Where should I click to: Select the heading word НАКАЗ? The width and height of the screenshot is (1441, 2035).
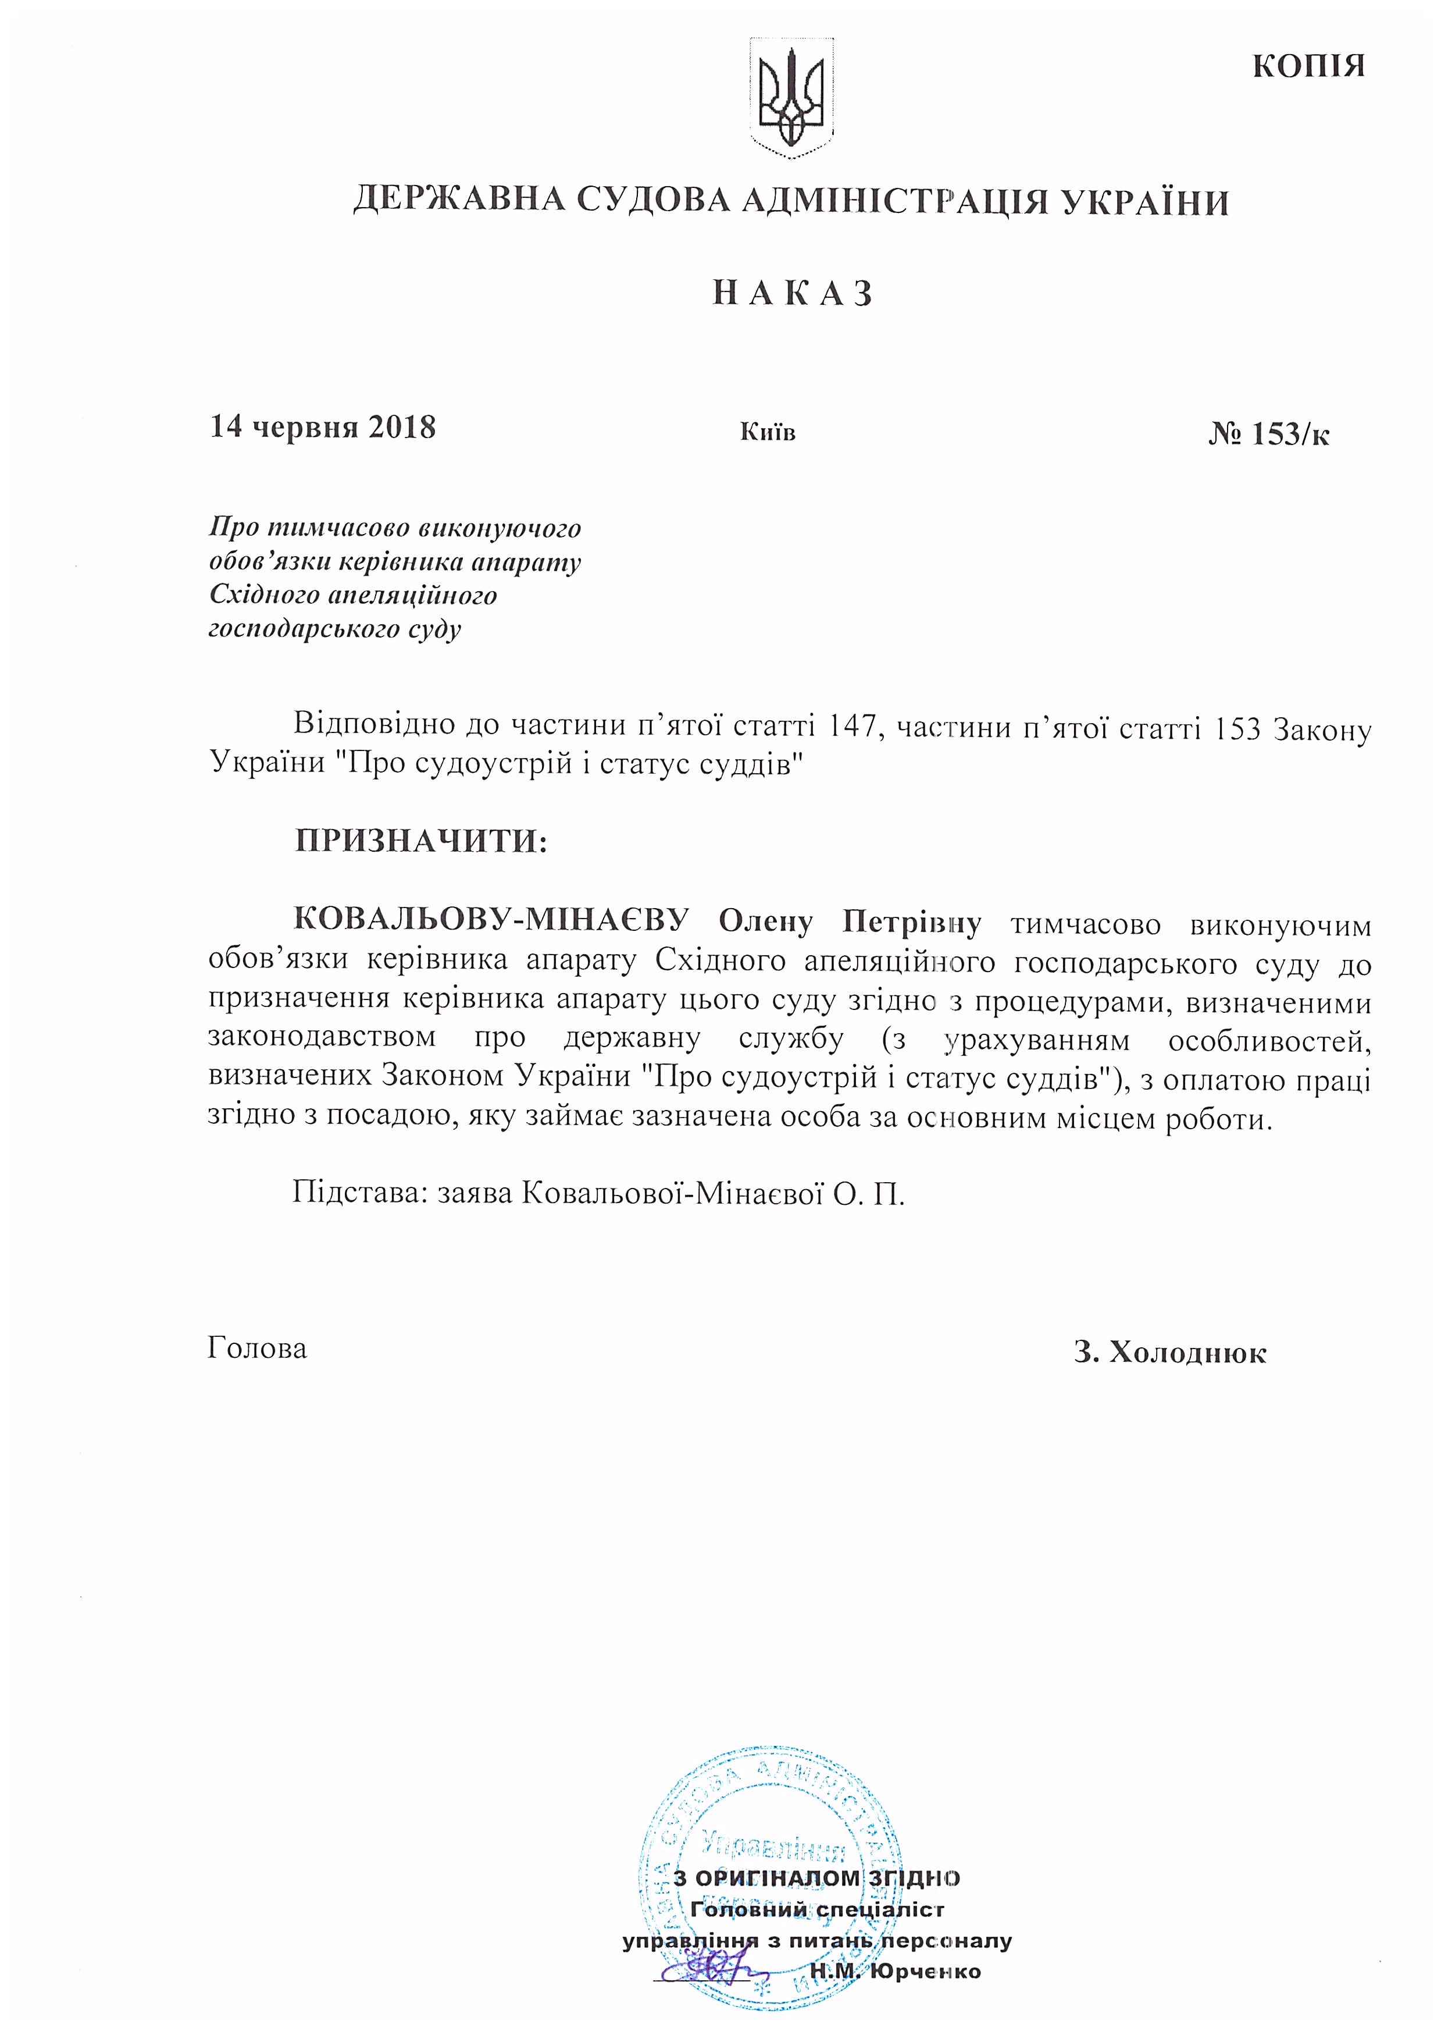click(793, 294)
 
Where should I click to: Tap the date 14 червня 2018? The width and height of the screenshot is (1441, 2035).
click(322, 427)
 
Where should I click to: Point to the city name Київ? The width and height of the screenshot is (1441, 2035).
click(768, 432)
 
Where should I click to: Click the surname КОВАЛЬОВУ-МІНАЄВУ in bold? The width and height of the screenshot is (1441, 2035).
click(491, 920)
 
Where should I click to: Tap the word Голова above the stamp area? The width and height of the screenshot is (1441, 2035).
click(257, 1348)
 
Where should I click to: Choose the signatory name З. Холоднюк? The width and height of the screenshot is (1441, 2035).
click(1169, 1353)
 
